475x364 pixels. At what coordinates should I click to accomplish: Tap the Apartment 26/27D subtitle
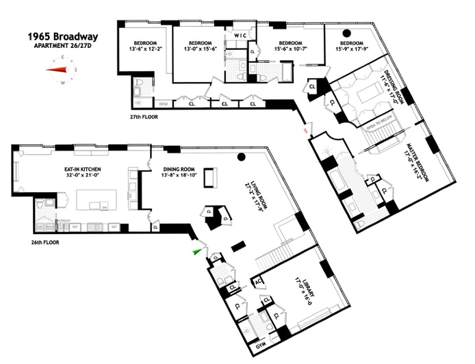click(x=62, y=46)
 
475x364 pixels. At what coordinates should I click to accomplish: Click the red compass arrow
click(x=58, y=69)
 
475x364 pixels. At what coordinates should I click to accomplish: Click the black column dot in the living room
click(x=241, y=158)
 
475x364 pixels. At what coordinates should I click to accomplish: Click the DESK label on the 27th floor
click(x=163, y=104)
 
